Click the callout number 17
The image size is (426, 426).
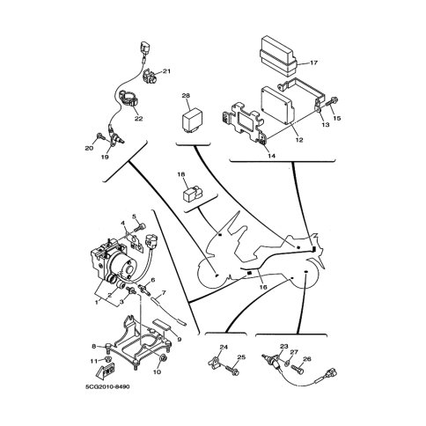pyautogui.click(x=313, y=62)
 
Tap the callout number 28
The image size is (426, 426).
pyautogui.click(x=186, y=95)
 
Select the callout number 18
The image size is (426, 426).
pyautogui.click(x=181, y=174)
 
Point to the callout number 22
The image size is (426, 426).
pyautogui.click(x=138, y=119)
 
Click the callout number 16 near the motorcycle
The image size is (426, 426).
pyautogui.click(x=263, y=287)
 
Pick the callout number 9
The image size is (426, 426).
pyautogui.click(x=180, y=340)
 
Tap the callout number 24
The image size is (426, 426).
pyautogui.click(x=224, y=347)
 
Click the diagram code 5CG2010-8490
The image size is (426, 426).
pyautogui.click(x=107, y=386)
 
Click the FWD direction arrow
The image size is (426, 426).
pyautogui.click(x=106, y=371)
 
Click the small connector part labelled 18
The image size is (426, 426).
pyautogui.click(x=193, y=194)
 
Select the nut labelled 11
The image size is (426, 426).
pyautogui.click(x=107, y=359)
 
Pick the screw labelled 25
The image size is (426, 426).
pyautogui.click(x=231, y=370)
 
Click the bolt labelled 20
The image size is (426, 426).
pyautogui.click(x=99, y=136)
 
